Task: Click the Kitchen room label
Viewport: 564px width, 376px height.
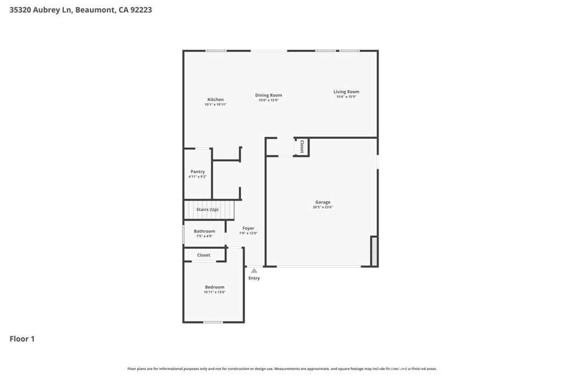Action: click(215, 100)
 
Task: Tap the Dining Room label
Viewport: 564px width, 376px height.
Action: click(269, 95)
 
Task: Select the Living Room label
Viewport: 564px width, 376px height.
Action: click(346, 92)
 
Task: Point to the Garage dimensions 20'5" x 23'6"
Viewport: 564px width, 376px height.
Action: click(323, 207)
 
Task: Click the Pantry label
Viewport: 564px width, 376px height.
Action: click(198, 172)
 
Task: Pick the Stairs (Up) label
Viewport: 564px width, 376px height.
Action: click(207, 210)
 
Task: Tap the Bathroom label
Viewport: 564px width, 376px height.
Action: click(204, 231)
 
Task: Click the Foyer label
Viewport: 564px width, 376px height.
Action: click(248, 228)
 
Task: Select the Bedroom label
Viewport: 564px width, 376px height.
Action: click(214, 287)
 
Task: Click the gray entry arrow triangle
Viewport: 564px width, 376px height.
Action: click(254, 271)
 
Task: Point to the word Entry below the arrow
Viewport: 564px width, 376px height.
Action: click(254, 278)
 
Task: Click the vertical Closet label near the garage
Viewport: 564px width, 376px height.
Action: click(302, 146)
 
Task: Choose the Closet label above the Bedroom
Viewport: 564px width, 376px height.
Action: click(204, 255)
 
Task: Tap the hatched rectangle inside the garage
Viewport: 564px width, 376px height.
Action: click(374, 251)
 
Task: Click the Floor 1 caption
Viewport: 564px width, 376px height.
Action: click(22, 339)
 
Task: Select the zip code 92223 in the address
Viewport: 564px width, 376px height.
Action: click(141, 10)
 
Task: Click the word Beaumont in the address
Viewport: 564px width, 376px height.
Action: click(95, 10)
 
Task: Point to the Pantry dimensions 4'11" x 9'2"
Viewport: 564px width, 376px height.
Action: click(198, 177)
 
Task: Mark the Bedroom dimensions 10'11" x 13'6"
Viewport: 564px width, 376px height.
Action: click(214, 292)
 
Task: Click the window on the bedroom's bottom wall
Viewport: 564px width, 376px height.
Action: click(213, 322)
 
